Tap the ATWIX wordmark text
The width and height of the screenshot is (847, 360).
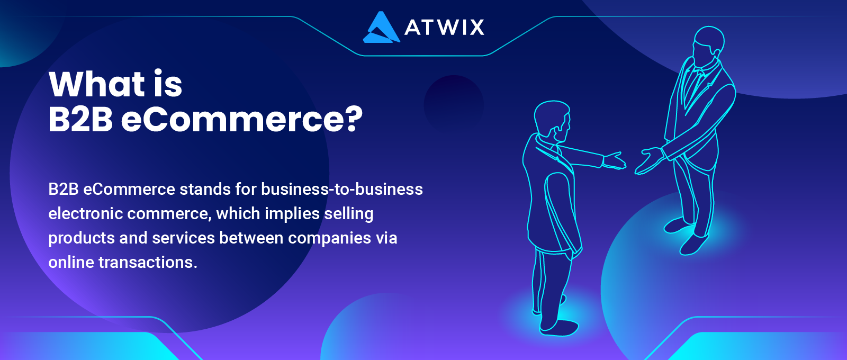(444, 27)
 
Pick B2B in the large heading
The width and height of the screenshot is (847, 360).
(80, 119)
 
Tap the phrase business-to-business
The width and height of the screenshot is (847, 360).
(342, 189)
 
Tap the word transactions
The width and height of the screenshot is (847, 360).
(148, 263)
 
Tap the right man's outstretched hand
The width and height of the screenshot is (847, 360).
(649, 160)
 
